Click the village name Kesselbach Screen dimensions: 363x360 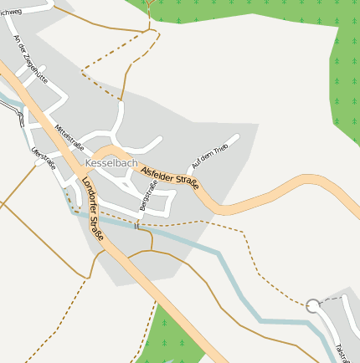point(111,163)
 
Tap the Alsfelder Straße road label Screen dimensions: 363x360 point(171,177)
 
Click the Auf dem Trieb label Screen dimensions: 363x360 point(209,156)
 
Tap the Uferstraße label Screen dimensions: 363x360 point(43,158)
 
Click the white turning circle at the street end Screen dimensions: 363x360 point(313,307)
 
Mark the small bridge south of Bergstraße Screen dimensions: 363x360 point(136,224)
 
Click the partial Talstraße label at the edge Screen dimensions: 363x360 point(342,352)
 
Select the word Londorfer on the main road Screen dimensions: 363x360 point(88,197)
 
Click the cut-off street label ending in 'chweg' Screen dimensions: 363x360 point(12,9)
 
